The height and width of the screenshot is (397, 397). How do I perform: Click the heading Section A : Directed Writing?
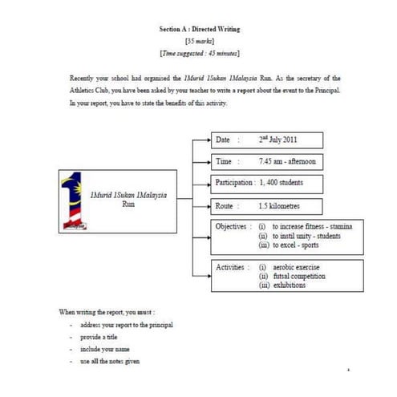click(199, 29)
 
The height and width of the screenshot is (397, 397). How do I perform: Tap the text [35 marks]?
click(199, 40)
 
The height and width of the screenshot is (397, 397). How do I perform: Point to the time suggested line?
click(199, 52)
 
